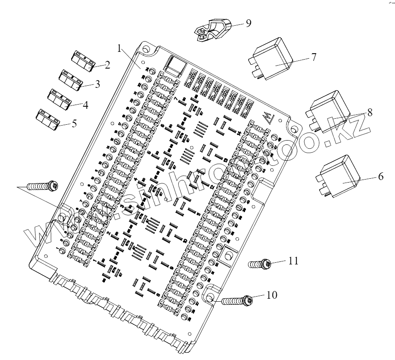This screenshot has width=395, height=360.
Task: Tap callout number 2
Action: (x=107, y=66)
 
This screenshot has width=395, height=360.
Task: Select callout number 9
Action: (x=248, y=23)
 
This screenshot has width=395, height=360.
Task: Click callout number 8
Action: (x=369, y=113)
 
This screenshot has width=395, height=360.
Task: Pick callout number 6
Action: (x=380, y=177)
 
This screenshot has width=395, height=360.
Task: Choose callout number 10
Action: (x=272, y=295)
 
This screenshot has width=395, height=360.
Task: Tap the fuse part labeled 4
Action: (x=58, y=99)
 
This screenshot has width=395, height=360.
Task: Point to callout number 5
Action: (x=74, y=123)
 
